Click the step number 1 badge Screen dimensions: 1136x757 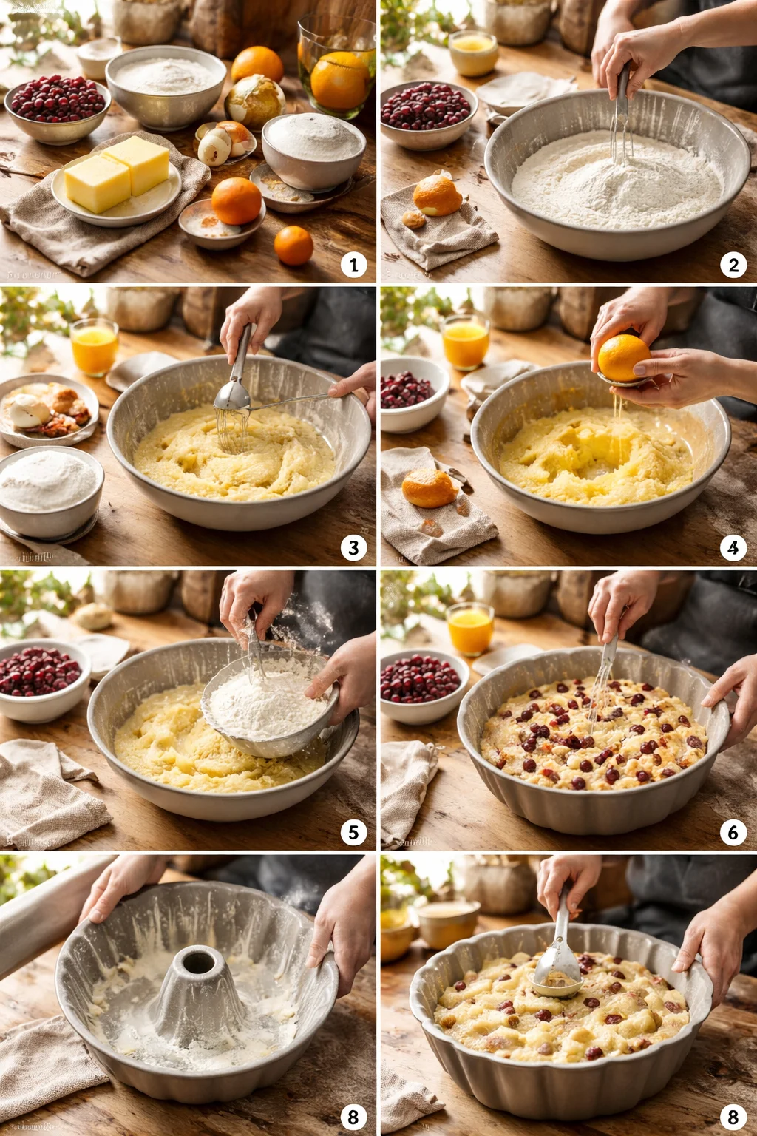353,265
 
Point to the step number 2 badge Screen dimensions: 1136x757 733,265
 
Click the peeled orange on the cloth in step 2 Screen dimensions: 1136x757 437,196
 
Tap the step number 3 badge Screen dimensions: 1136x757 353,548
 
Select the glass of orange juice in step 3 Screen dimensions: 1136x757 95,346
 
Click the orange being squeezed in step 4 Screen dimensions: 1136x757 623,358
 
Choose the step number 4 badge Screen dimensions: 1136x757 733,548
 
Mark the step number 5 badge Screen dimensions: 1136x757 353,832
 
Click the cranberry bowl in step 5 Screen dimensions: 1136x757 41,677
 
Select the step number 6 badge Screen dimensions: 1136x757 733,832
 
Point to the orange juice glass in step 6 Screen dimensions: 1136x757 470,629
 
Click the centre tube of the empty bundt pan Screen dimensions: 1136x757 199,976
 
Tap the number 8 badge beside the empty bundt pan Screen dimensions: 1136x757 353,1116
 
